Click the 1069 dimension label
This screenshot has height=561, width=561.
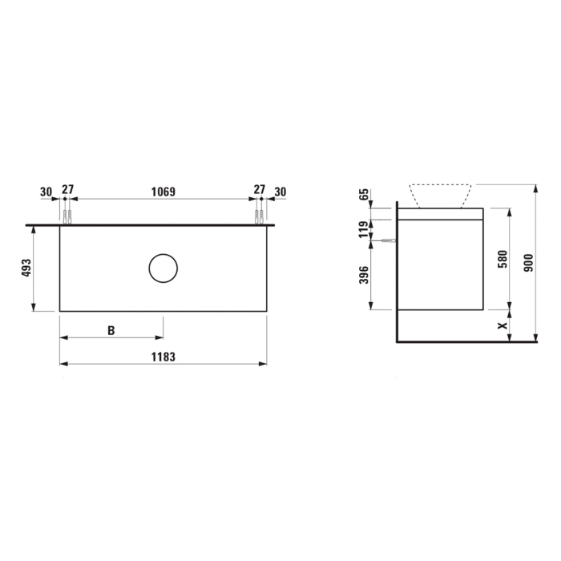click(163, 192)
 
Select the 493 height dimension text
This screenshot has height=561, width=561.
click(26, 268)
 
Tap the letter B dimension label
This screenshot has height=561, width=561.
click(111, 330)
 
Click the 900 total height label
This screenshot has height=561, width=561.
click(527, 261)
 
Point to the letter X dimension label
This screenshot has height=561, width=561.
click(502, 325)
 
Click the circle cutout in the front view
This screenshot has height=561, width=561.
click(163, 268)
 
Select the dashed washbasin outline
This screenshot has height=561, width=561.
click(438, 196)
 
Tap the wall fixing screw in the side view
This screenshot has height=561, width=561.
click(389, 240)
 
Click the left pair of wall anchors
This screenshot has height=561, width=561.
click(67, 216)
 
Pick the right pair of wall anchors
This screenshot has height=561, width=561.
click(259, 216)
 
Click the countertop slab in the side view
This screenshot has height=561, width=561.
click(441, 213)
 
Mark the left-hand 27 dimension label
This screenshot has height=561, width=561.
click(67, 190)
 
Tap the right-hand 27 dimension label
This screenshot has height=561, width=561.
click(259, 190)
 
